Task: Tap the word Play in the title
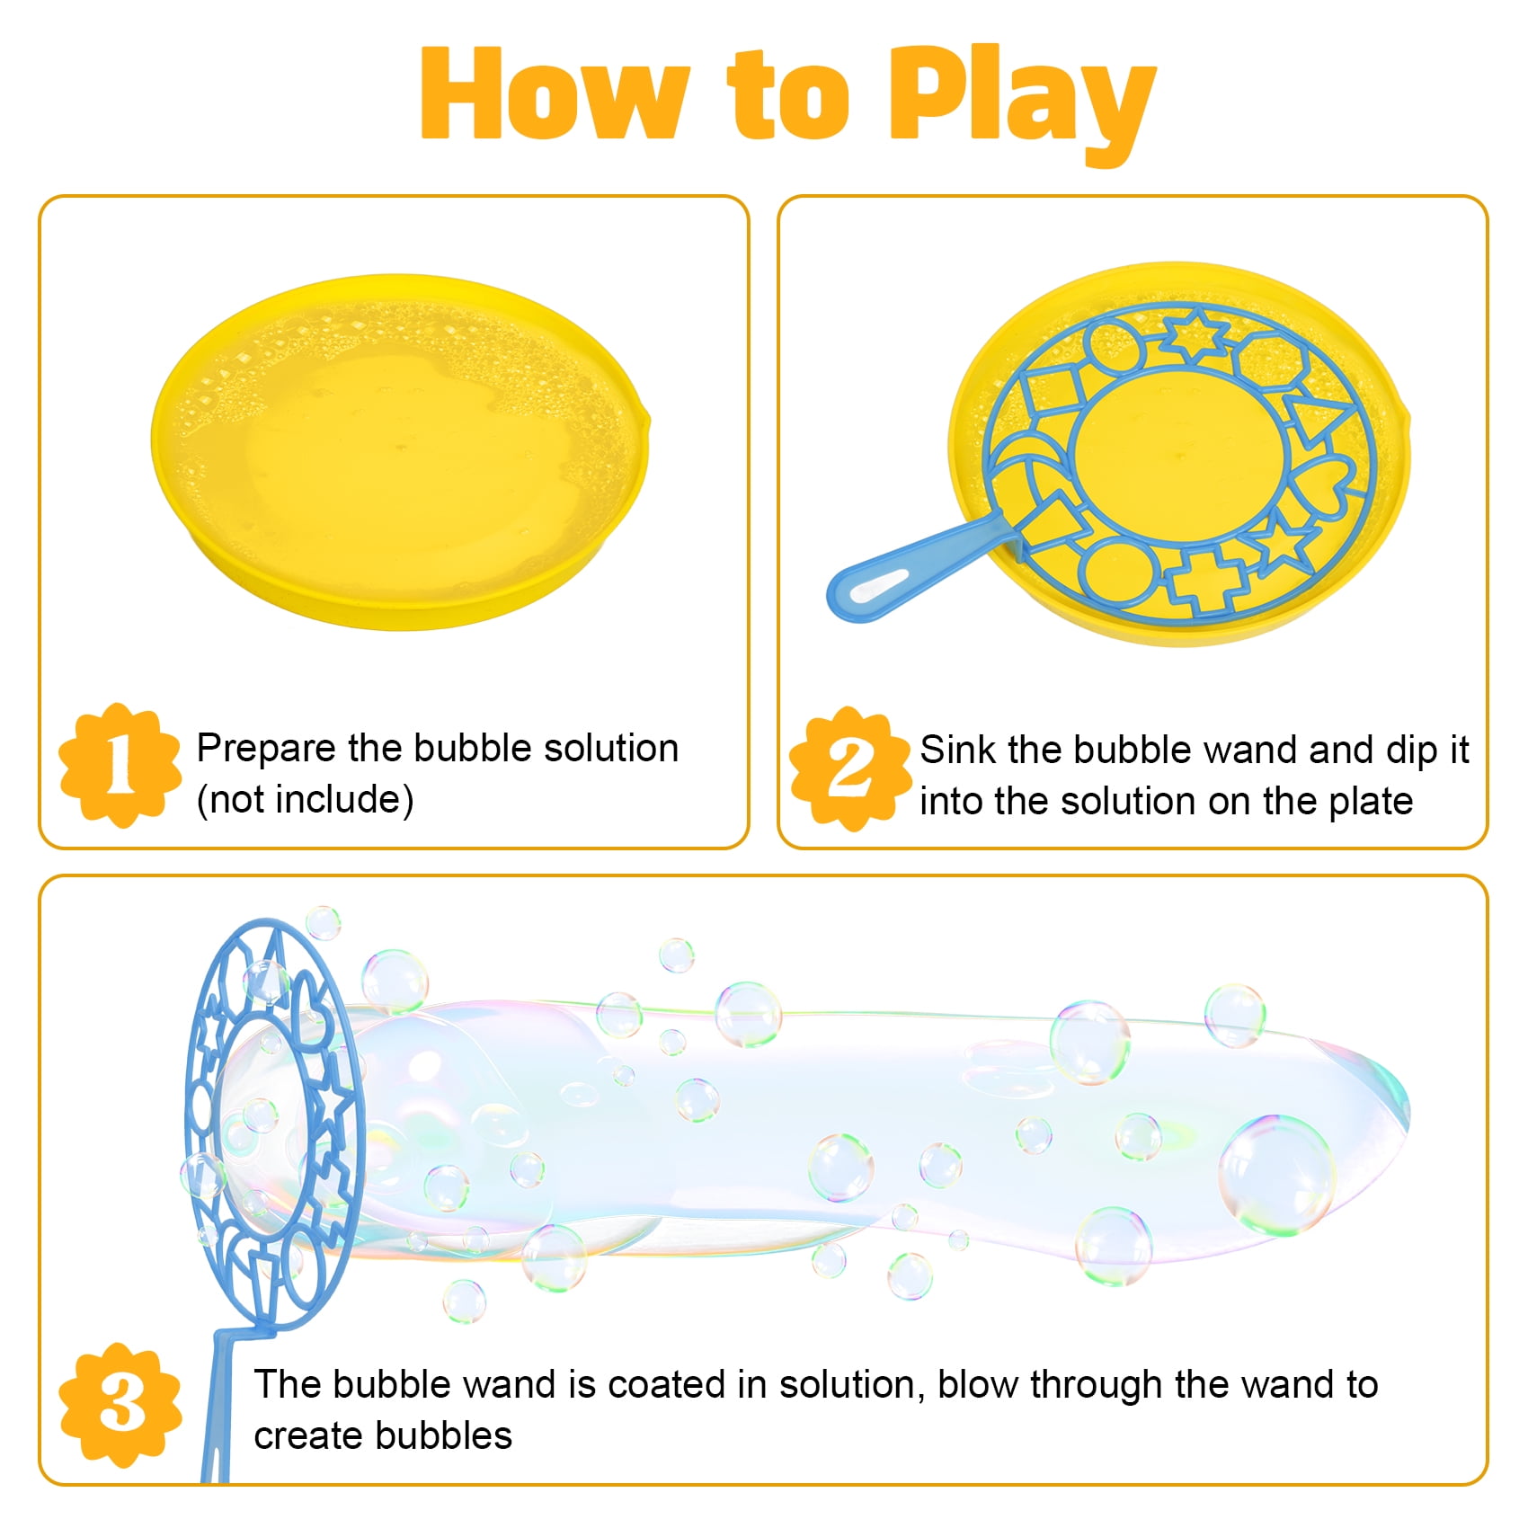pyautogui.click(x=1021, y=102)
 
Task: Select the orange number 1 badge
pyautogui.click(x=120, y=765)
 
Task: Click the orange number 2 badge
pyautogui.click(x=850, y=768)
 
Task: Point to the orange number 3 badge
pyautogui.click(x=120, y=1405)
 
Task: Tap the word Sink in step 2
pyautogui.click(x=957, y=750)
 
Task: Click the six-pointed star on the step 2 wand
pyautogui.click(x=1195, y=336)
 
